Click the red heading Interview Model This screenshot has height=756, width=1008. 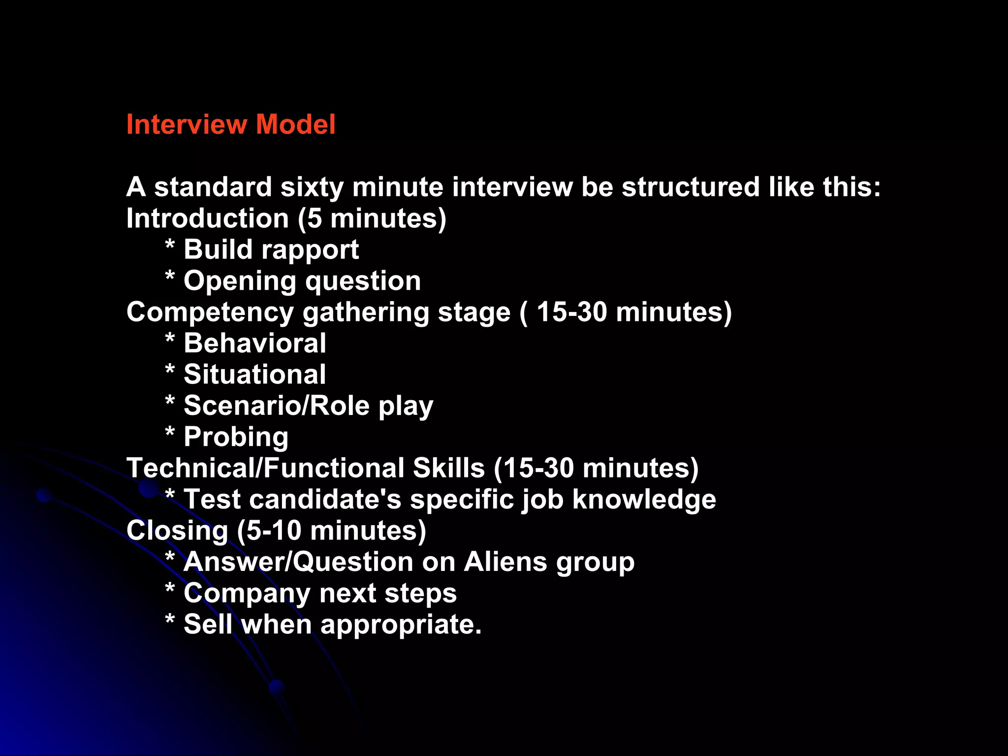(x=231, y=124)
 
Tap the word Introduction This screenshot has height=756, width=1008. (x=207, y=219)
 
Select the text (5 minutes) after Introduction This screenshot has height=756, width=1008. (x=372, y=219)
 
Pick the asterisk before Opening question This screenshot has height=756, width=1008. (x=170, y=276)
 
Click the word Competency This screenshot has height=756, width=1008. (x=210, y=313)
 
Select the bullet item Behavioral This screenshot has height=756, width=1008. (x=254, y=343)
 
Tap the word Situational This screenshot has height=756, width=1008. (x=254, y=375)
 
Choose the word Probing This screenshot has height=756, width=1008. (x=236, y=438)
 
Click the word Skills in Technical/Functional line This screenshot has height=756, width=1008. (x=449, y=468)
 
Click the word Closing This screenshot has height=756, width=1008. (x=177, y=532)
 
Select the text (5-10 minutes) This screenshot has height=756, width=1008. (x=331, y=531)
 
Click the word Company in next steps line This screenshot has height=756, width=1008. (x=247, y=594)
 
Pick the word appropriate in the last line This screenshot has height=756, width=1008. (x=400, y=626)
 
